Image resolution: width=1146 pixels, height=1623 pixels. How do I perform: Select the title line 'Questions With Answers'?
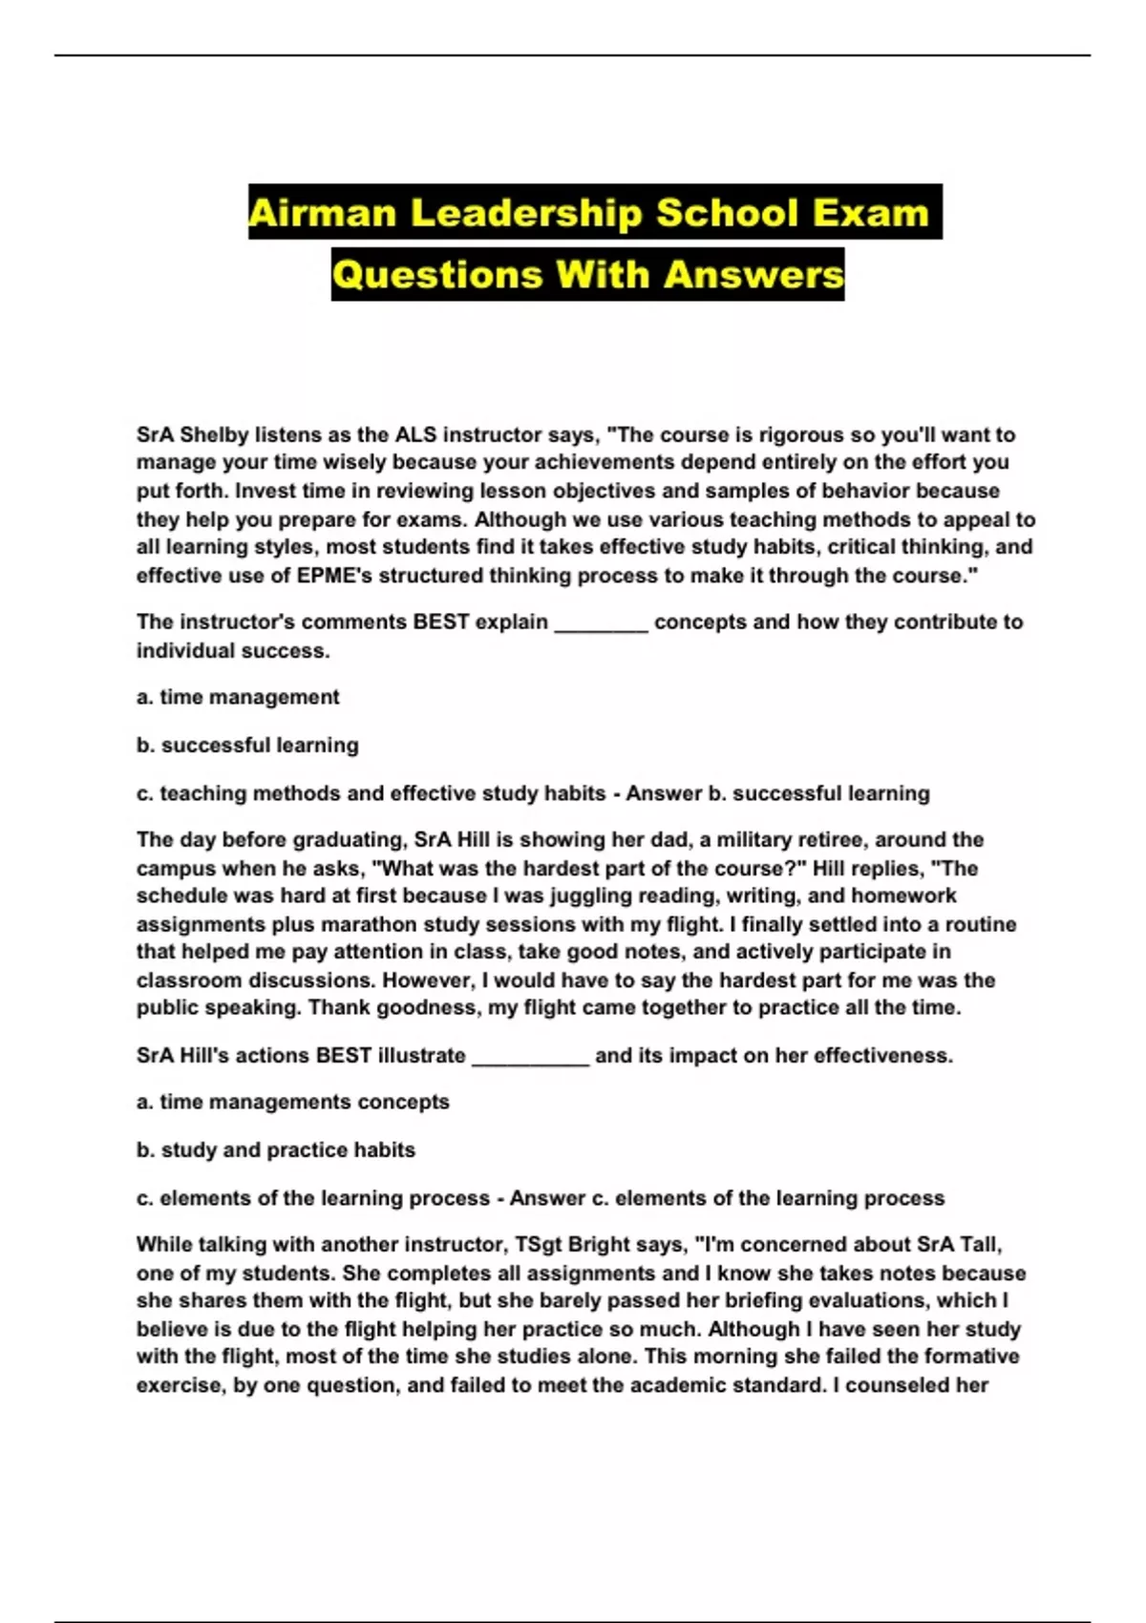tap(587, 275)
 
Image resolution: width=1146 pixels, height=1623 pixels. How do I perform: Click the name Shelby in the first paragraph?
tap(214, 435)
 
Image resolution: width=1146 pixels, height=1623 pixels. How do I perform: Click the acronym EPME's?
tap(343, 576)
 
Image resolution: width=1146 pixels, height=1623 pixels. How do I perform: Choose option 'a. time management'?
tap(238, 698)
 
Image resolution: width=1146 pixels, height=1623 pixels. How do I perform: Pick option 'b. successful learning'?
tap(247, 746)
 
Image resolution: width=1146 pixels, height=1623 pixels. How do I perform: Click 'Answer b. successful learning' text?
tap(777, 793)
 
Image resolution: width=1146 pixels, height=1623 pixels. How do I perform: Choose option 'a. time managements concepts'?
tap(292, 1102)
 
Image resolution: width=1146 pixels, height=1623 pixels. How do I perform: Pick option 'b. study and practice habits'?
tap(275, 1150)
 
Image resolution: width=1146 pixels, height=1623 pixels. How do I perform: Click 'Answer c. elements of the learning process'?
tap(727, 1198)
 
